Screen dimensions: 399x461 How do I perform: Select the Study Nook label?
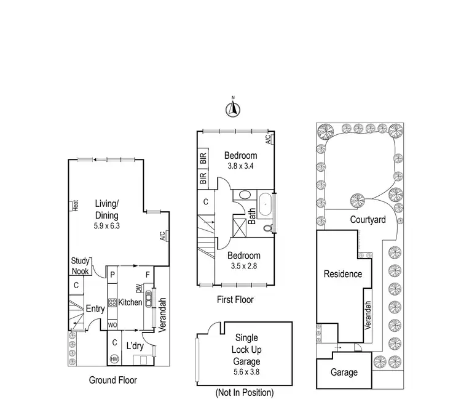tap(80, 265)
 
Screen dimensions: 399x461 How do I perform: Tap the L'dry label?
tap(135, 347)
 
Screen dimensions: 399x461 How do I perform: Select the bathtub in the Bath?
tap(266, 205)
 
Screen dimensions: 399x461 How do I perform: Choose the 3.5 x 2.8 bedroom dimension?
tap(243, 267)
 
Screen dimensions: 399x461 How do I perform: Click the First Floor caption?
tap(235, 300)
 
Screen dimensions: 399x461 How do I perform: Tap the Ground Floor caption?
tap(113, 380)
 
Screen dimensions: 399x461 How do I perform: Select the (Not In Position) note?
tap(244, 392)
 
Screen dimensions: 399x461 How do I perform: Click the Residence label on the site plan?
tap(343, 274)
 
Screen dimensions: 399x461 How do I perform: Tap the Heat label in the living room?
tap(75, 206)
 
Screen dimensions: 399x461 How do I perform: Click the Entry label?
tap(95, 309)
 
